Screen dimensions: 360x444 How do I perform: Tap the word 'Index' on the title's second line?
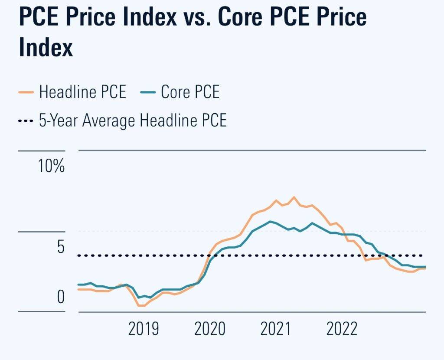tap(46, 48)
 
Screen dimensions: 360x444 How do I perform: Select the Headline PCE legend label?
tap(82, 92)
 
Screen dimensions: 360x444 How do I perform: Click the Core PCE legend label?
tap(190, 92)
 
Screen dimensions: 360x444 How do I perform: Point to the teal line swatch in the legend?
tap(147, 92)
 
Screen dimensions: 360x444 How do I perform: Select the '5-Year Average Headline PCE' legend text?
tap(133, 120)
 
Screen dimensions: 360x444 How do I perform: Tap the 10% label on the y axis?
tap(51, 166)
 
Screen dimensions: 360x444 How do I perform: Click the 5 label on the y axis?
tap(60, 247)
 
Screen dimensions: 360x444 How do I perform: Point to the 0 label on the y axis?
tap(60, 297)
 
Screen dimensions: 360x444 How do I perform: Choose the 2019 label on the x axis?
tap(144, 328)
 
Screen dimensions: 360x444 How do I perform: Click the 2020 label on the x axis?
tap(209, 328)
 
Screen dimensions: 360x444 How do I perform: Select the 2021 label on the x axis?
tap(275, 328)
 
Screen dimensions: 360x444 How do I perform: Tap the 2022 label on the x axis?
tap(342, 328)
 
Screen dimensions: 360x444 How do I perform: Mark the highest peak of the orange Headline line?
tap(294, 197)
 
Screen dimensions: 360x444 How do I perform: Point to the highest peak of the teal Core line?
tap(271, 221)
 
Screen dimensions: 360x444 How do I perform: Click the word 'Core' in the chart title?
tap(245, 18)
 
